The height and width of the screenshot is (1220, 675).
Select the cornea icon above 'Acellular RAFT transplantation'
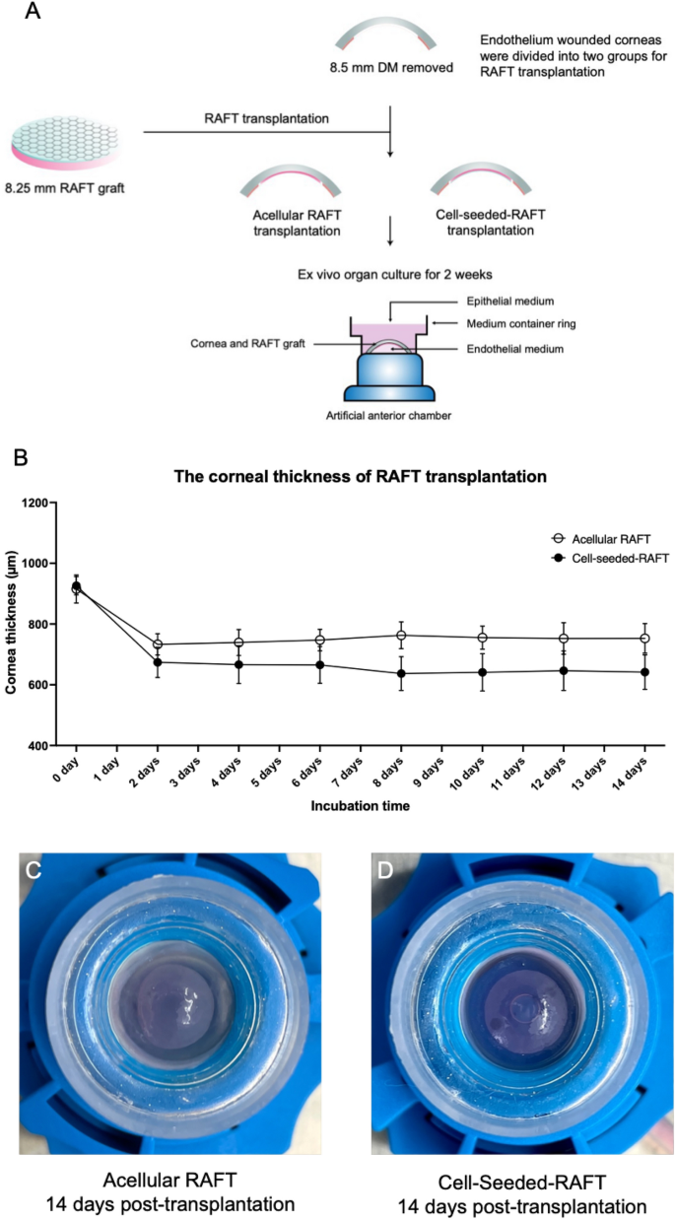point(291,175)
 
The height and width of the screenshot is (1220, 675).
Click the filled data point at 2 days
point(158,662)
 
